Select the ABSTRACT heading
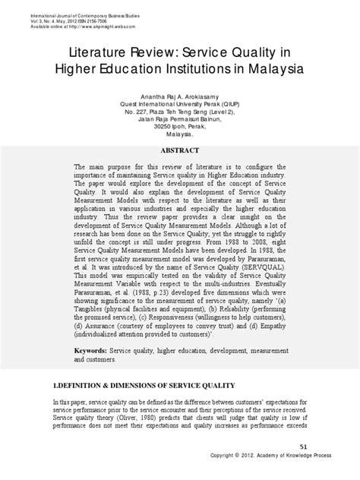pyautogui.click(x=180, y=150)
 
